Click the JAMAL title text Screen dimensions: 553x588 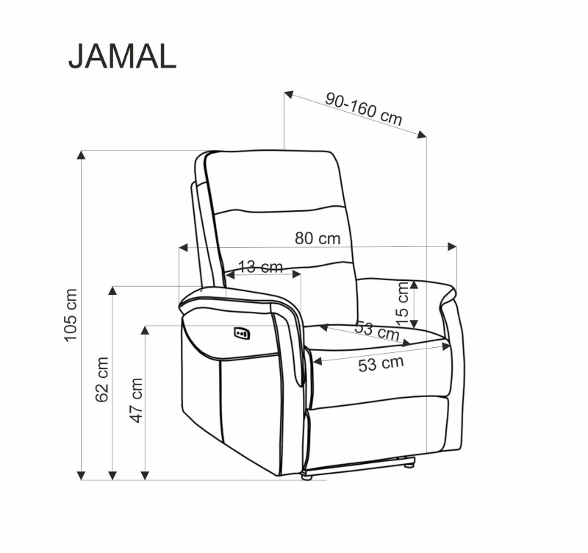[x=122, y=56]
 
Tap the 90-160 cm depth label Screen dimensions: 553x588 [x=364, y=109]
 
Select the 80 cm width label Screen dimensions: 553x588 [x=318, y=238]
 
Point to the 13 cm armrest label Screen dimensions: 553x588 [x=261, y=267]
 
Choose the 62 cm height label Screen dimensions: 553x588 [x=102, y=379]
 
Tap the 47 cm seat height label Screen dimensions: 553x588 [x=136, y=400]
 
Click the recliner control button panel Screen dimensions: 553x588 [x=242, y=334]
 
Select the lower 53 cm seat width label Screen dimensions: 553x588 [x=381, y=363]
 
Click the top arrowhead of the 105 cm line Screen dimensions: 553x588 [x=82, y=155]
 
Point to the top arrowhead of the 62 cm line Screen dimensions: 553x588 [x=112, y=290]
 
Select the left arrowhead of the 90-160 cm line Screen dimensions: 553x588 [x=289, y=94]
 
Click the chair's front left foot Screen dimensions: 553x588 [x=306, y=477]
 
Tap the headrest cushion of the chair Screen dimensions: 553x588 [x=273, y=180]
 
